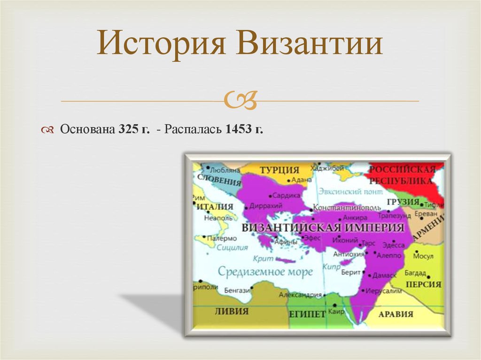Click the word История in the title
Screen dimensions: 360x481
(x=163, y=45)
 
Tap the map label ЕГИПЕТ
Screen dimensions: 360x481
(x=307, y=314)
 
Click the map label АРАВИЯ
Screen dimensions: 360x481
(x=396, y=314)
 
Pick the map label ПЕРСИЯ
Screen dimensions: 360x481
(x=424, y=284)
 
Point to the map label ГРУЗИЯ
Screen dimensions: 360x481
(x=403, y=202)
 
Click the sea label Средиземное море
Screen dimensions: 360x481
(x=265, y=272)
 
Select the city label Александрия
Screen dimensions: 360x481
(x=301, y=295)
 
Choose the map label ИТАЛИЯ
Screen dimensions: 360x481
(x=215, y=207)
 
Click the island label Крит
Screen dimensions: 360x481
(x=263, y=258)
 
